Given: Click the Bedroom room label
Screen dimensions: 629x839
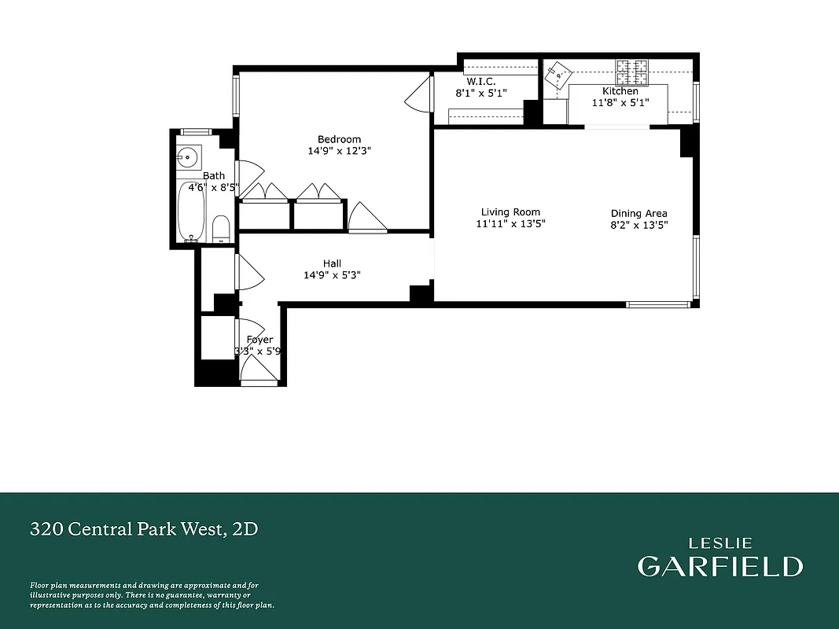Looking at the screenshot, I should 339,139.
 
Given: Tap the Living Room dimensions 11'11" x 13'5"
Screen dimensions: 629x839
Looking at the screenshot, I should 510,223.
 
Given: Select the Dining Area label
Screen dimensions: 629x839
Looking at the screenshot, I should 638,213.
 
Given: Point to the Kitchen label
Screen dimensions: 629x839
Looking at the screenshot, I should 620,91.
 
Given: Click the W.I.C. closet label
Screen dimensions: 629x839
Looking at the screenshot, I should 481,81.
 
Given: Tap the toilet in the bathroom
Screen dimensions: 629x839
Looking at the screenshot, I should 221,228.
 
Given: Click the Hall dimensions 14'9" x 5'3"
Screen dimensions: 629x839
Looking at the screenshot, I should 331,275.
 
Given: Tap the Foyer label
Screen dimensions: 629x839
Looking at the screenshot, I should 259,340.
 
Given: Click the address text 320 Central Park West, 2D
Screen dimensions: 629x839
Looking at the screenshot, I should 143,529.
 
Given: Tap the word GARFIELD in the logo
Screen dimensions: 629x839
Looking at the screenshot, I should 719,566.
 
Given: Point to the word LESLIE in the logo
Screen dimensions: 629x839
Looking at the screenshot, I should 720,543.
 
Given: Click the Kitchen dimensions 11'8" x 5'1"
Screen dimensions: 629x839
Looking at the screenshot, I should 620,102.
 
